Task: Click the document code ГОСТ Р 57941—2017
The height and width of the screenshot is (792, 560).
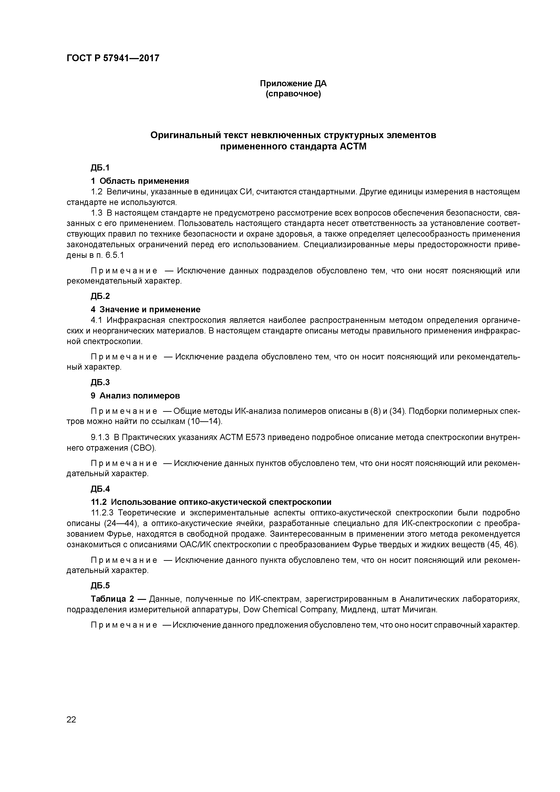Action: [113, 58]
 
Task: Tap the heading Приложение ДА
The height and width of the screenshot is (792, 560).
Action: [293, 84]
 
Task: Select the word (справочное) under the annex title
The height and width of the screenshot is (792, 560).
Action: [293, 94]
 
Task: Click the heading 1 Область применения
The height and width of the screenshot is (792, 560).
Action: [140, 181]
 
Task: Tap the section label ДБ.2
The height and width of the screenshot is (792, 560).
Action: [100, 296]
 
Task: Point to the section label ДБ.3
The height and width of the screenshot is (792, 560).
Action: [100, 382]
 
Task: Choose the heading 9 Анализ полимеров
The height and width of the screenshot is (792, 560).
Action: [135, 395]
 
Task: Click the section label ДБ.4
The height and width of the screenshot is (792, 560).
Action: [100, 489]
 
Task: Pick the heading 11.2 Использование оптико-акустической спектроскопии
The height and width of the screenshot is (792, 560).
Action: [211, 502]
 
